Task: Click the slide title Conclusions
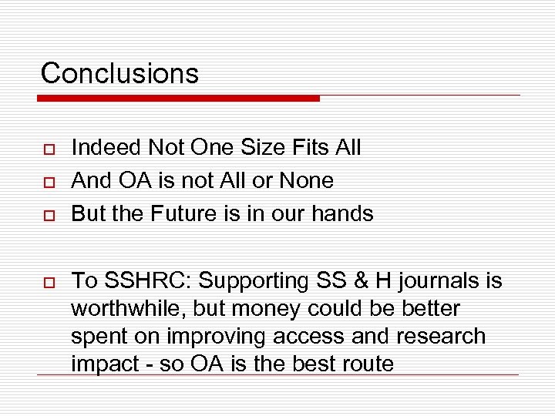coord(119,73)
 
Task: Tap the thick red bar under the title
coord(179,99)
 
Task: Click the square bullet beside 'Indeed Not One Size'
coord(46,149)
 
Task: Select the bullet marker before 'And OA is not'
coord(46,182)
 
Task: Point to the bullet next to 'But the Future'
coord(46,215)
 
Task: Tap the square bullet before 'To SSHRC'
coord(46,282)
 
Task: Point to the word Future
coord(183,213)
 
